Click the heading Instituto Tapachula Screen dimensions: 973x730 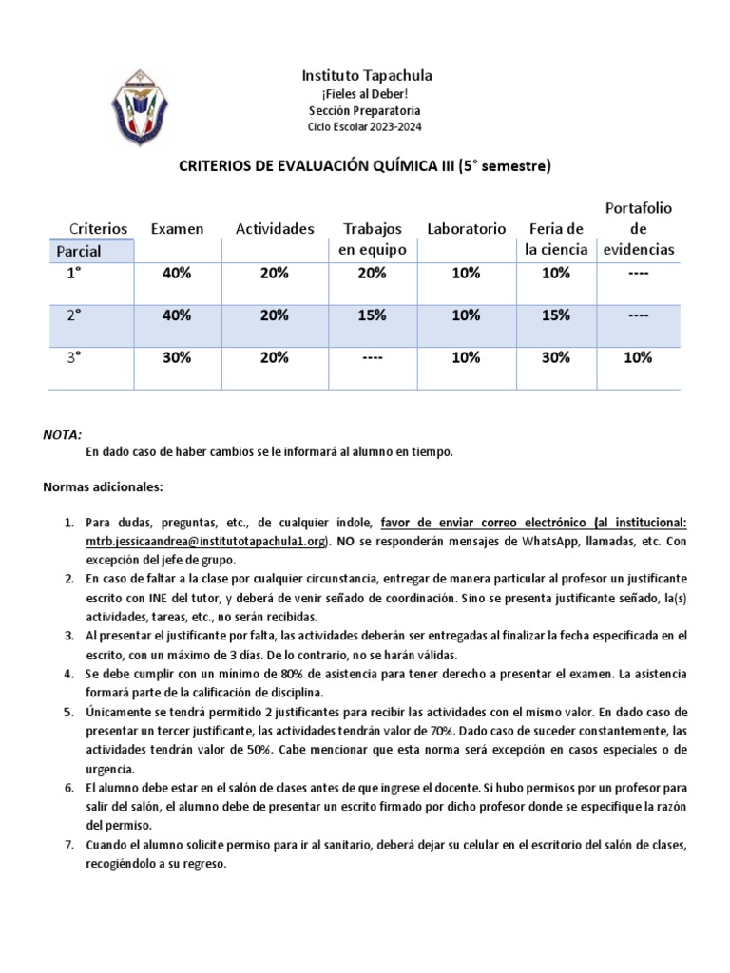tap(365, 75)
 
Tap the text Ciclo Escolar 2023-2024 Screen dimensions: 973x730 tap(365, 126)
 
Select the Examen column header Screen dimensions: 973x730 tap(177, 229)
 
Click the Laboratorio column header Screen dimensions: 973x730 tap(466, 229)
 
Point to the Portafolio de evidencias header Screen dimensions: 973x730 tap(639, 229)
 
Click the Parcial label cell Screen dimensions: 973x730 tap(79, 251)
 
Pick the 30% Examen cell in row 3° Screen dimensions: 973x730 tap(177, 357)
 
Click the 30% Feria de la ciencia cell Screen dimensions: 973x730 tap(555, 357)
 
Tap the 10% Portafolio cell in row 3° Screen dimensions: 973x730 tap(638, 357)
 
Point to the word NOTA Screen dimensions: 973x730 tap(62, 433)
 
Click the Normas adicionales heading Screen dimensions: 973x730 tap(104, 486)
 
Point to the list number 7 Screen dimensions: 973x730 tap(67, 845)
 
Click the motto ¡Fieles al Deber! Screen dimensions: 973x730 tap(365, 94)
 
